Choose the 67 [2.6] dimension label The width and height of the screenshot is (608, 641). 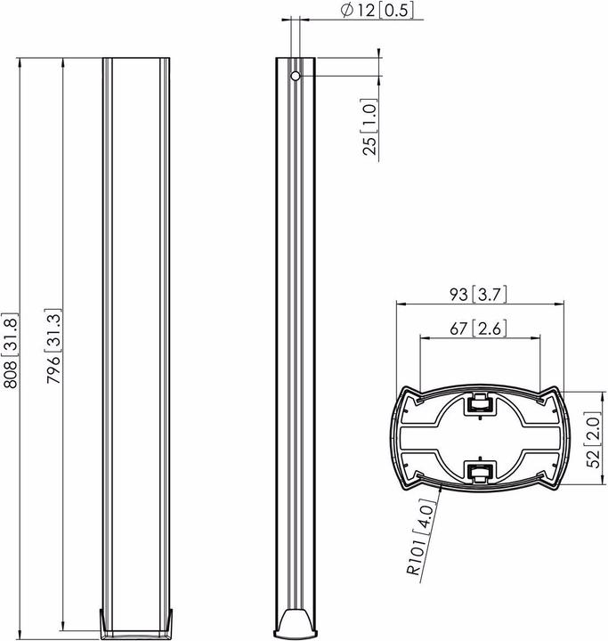pos(479,329)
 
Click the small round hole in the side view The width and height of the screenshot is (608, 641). pos(296,76)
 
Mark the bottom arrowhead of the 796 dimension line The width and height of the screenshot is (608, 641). pos(62,626)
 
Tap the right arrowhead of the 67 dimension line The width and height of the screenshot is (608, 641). pos(538,338)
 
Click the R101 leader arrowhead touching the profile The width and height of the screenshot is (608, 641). pos(440,486)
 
